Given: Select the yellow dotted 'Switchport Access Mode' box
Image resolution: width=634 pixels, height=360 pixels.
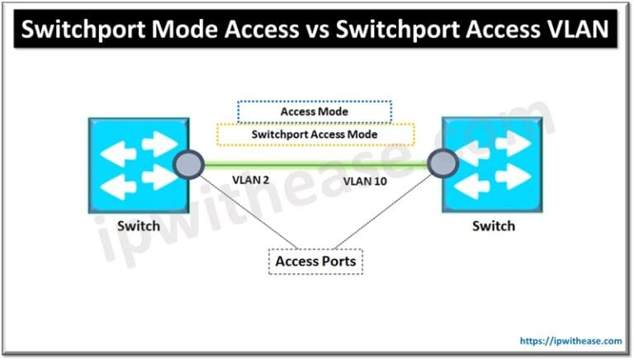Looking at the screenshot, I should pos(315,134).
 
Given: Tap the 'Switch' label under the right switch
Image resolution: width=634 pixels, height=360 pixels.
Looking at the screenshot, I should pos(493,225).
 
